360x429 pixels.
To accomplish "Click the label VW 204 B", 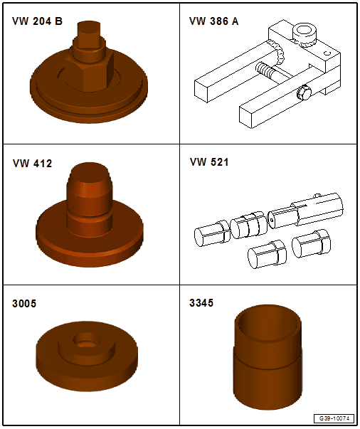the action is coord(37,21).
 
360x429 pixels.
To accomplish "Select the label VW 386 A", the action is coord(213,21).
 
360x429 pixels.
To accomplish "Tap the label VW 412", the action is coord(32,164).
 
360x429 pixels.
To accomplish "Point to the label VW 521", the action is coord(209,162).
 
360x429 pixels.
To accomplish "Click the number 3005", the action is coord(24,304).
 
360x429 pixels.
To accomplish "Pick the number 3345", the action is coord(201,303).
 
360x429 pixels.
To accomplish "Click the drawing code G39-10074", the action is coord(334,418).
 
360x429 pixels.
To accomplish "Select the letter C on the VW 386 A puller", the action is coord(327,53).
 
